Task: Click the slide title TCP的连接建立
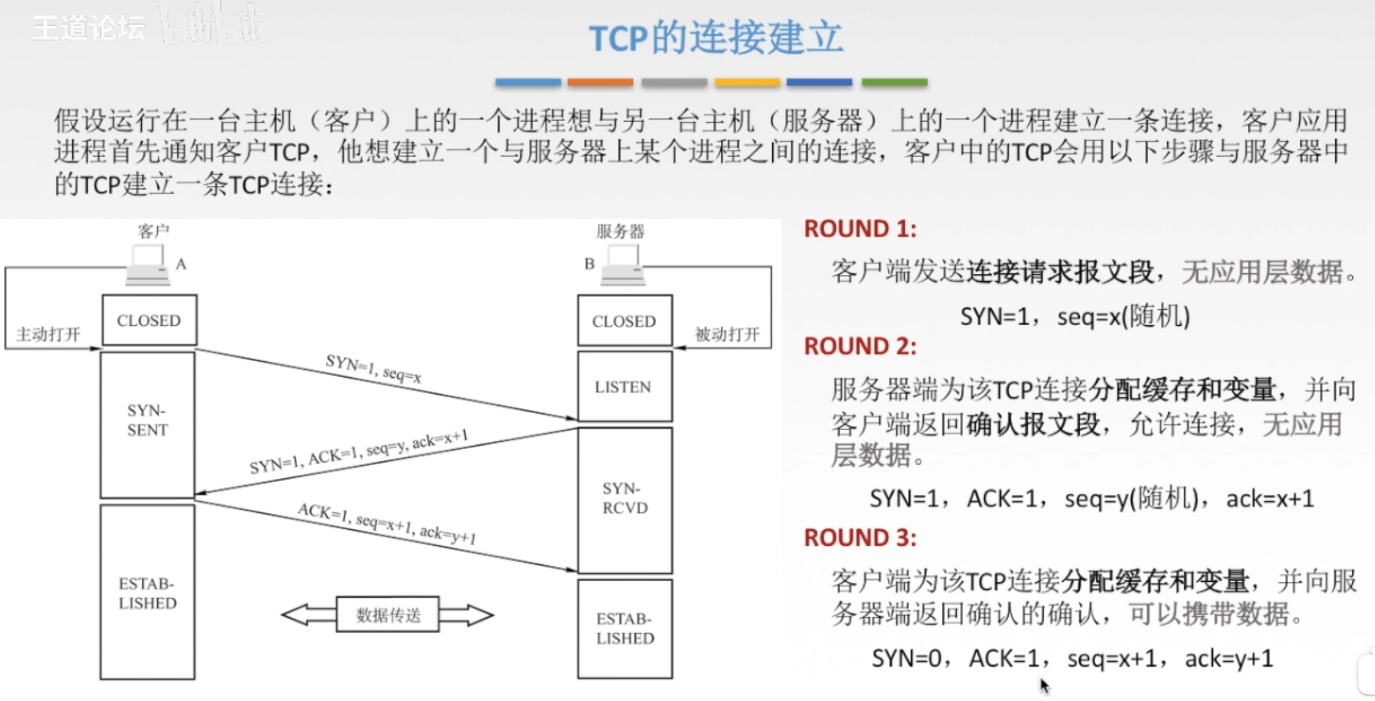pyautogui.click(x=715, y=38)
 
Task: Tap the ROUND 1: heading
pyautogui.click(x=860, y=229)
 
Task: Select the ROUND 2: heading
pyautogui.click(x=860, y=347)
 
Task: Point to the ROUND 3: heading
pyautogui.click(x=860, y=538)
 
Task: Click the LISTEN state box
pyautogui.click(x=624, y=386)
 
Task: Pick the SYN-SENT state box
pyautogui.click(x=147, y=424)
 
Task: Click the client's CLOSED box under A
pyautogui.click(x=149, y=320)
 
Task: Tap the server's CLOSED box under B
pyautogui.click(x=624, y=321)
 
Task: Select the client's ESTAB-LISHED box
pyautogui.click(x=147, y=592)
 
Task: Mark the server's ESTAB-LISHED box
pyautogui.click(x=624, y=628)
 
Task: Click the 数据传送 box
pyautogui.click(x=388, y=615)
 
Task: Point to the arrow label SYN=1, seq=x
pyautogui.click(x=374, y=369)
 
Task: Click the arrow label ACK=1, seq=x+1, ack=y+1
pyautogui.click(x=386, y=523)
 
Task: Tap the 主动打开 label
pyautogui.click(x=48, y=334)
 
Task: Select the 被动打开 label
pyautogui.click(x=727, y=334)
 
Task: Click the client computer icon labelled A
pyautogui.click(x=147, y=265)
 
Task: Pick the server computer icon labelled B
pyautogui.click(x=623, y=265)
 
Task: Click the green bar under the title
pyautogui.click(x=894, y=82)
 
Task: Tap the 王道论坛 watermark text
pyautogui.click(x=89, y=28)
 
